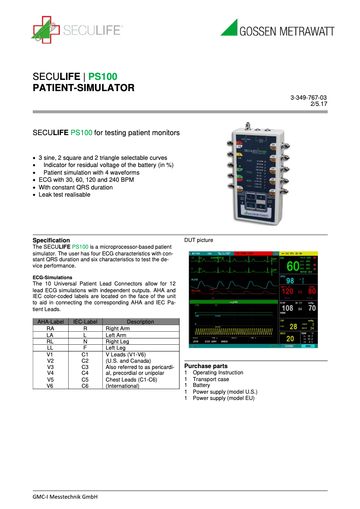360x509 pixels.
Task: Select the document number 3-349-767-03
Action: pos(308,97)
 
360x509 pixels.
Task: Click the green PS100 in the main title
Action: pos(103,76)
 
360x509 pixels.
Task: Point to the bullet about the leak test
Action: pos(64,195)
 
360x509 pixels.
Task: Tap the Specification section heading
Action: pos(51,240)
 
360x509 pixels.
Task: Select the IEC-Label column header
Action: pos(85,322)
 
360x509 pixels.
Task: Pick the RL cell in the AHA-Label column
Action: pos(50,342)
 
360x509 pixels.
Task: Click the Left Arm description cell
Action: pos(116,335)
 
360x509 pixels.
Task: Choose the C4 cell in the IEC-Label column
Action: pos(85,373)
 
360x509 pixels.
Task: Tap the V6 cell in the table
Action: pos(50,386)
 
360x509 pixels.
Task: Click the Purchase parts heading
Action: pos(206,366)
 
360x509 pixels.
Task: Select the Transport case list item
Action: pos(211,379)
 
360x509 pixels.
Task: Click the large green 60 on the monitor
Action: pos(293,266)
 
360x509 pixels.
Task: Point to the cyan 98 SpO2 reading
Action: pos(290,281)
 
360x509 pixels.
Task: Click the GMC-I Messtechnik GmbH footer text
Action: pos(65,496)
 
